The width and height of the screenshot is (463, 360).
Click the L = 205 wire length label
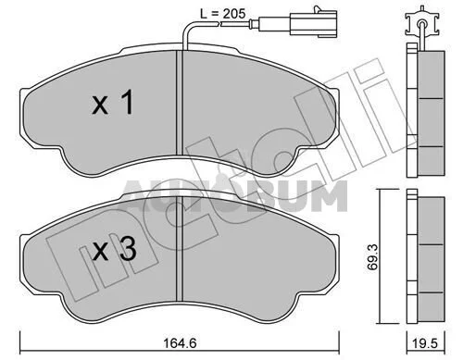point(222,14)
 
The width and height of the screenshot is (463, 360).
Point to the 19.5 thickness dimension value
point(426,343)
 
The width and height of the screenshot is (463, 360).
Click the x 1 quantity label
point(113,103)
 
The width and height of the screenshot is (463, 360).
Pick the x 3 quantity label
point(115,250)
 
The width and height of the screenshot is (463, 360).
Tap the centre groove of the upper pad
point(180,104)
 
